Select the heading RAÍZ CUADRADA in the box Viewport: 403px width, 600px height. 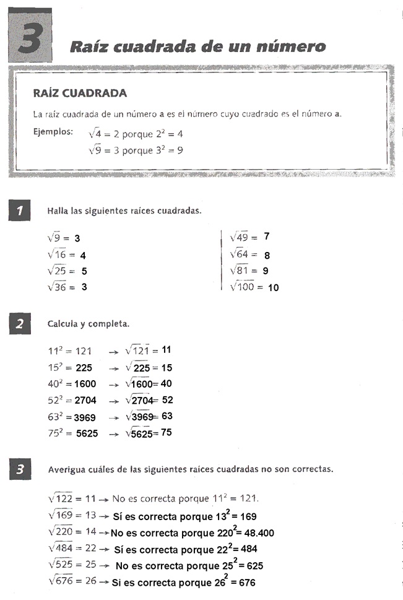(80, 93)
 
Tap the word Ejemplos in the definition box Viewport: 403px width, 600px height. (53, 132)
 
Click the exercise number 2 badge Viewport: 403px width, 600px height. (20, 324)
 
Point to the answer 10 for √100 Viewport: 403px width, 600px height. (274, 287)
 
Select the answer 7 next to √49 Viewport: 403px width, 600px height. (266, 237)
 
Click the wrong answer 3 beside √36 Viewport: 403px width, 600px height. (84, 287)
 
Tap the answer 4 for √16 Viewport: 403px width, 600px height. (83, 255)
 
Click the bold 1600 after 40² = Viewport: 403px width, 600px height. (85, 384)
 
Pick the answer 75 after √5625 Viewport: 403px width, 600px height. (166, 433)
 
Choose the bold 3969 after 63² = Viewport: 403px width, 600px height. (85, 417)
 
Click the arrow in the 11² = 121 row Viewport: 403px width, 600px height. (113, 352)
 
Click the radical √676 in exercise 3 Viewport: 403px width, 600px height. (61, 582)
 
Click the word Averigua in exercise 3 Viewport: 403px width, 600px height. (68, 469)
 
